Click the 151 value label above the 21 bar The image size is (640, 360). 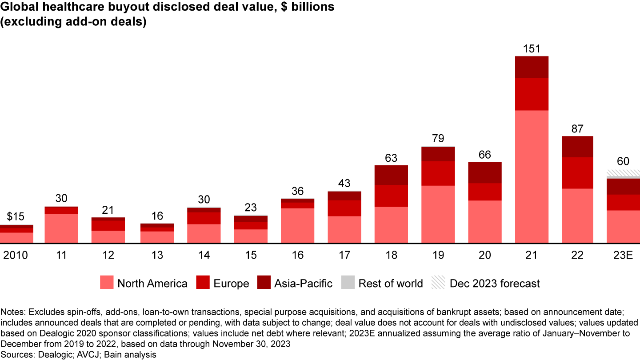532,48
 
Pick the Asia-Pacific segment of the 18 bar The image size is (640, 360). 391,175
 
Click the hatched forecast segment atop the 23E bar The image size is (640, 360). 623,172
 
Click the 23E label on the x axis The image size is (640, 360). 623,255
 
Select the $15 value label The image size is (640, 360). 16,217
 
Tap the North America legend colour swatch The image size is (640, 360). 107,283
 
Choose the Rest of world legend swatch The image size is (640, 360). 348,283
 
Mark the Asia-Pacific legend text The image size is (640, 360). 303,283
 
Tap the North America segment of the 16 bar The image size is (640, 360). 297,225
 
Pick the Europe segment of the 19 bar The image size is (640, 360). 438,173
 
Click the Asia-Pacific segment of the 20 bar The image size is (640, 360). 485,172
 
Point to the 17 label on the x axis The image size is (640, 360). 344,255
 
